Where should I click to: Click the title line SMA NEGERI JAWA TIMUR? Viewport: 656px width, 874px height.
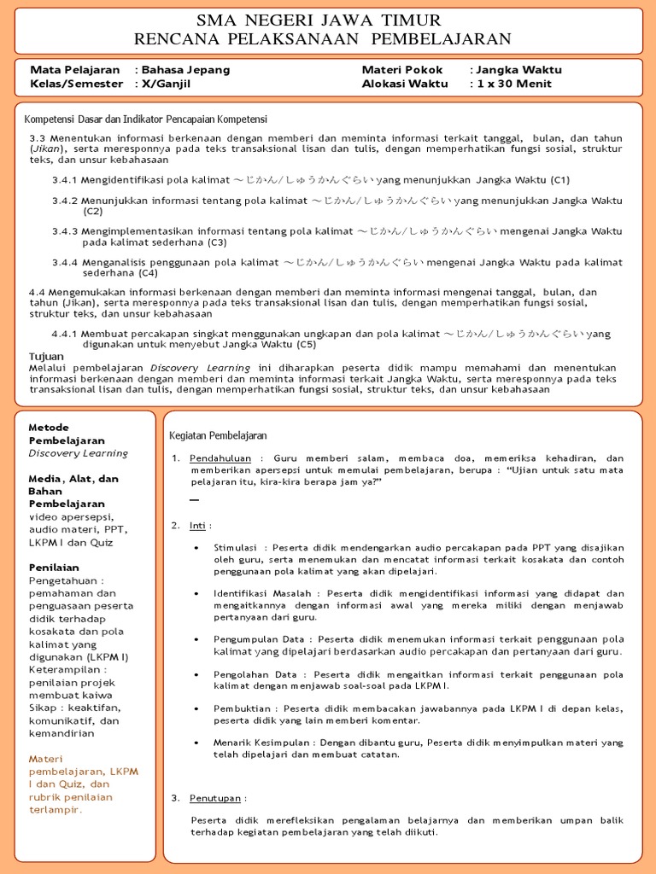click(319, 20)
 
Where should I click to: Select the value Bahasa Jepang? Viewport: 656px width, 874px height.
click(185, 70)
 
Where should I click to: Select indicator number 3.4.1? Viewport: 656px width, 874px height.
click(65, 180)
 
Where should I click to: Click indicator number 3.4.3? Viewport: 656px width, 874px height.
click(65, 231)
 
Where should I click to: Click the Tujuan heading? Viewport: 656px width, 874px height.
click(47, 356)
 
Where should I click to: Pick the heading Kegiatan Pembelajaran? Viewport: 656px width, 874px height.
click(218, 435)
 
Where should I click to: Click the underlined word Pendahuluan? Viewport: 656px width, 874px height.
click(220, 458)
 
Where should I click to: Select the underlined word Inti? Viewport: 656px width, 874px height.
click(198, 525)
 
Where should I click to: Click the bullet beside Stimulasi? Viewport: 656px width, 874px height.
click(197, 548)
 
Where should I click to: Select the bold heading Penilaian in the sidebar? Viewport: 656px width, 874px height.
click(54, 567)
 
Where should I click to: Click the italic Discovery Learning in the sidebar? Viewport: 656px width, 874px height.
click(78, 453)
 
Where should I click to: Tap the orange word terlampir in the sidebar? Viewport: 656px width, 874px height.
click(56, 809)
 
